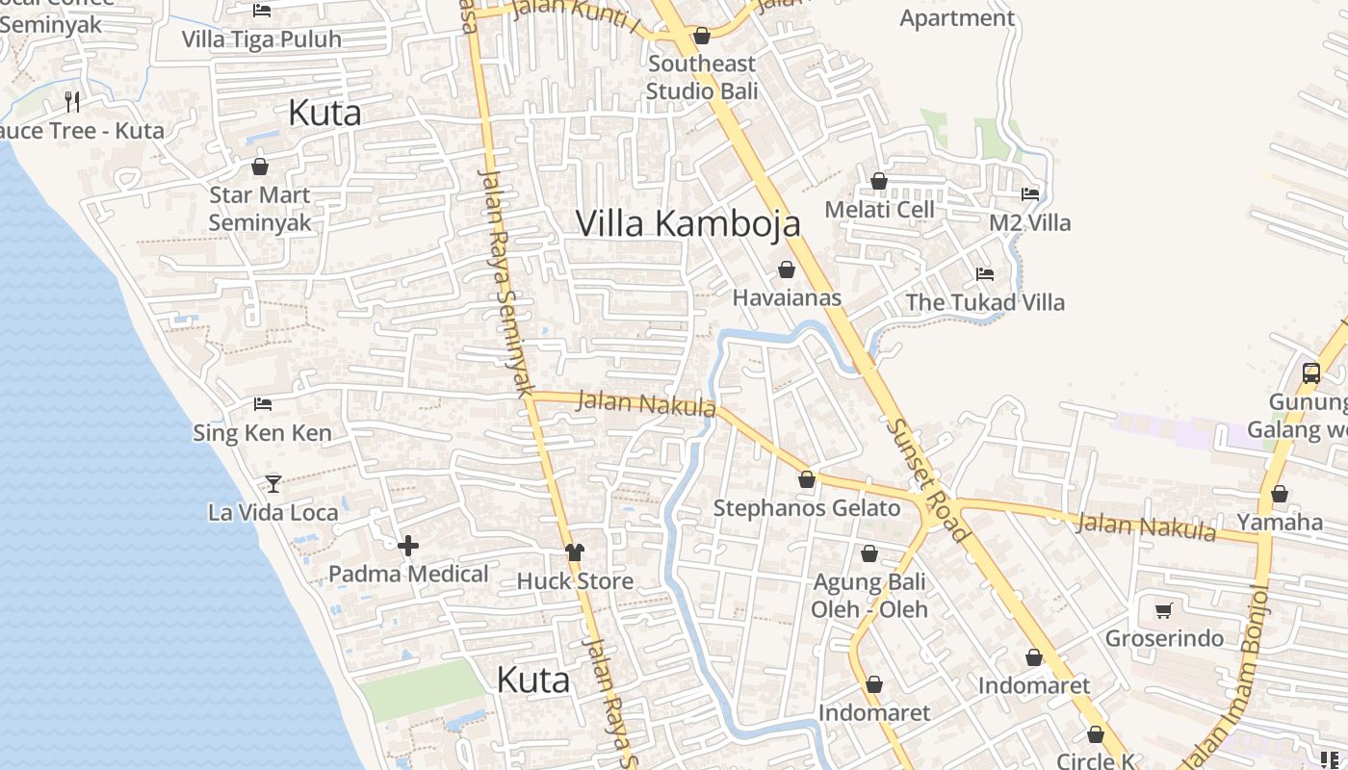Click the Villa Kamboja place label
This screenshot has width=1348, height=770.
coord(687,223)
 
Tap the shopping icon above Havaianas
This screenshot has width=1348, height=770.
coord(787,269)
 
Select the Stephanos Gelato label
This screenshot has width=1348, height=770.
coord(806,507)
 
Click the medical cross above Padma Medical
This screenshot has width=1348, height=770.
coord(408,547)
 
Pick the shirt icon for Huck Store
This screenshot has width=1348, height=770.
coord(575,552)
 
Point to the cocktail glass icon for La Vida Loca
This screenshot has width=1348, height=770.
coord(273,483)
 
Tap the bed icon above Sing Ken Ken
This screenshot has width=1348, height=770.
coord(263,404)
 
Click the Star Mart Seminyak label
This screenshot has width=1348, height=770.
coord(260,209)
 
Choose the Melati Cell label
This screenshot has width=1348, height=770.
coord(879,209)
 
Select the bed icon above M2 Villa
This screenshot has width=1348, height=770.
coord(1030,193)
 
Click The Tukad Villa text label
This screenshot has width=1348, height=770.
coord(985,302)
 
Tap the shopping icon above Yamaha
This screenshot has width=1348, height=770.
coord(1280,495)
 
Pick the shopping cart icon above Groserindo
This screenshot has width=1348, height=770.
coord(1164,610)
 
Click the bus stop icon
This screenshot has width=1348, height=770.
coord(1310,373)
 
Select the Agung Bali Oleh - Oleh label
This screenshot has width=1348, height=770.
coord(869,596)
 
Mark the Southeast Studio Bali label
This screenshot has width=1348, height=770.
coord(702,77)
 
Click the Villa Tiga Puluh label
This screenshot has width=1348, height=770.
coord(262,39)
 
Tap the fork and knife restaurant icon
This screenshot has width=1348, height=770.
coord(72,101)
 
